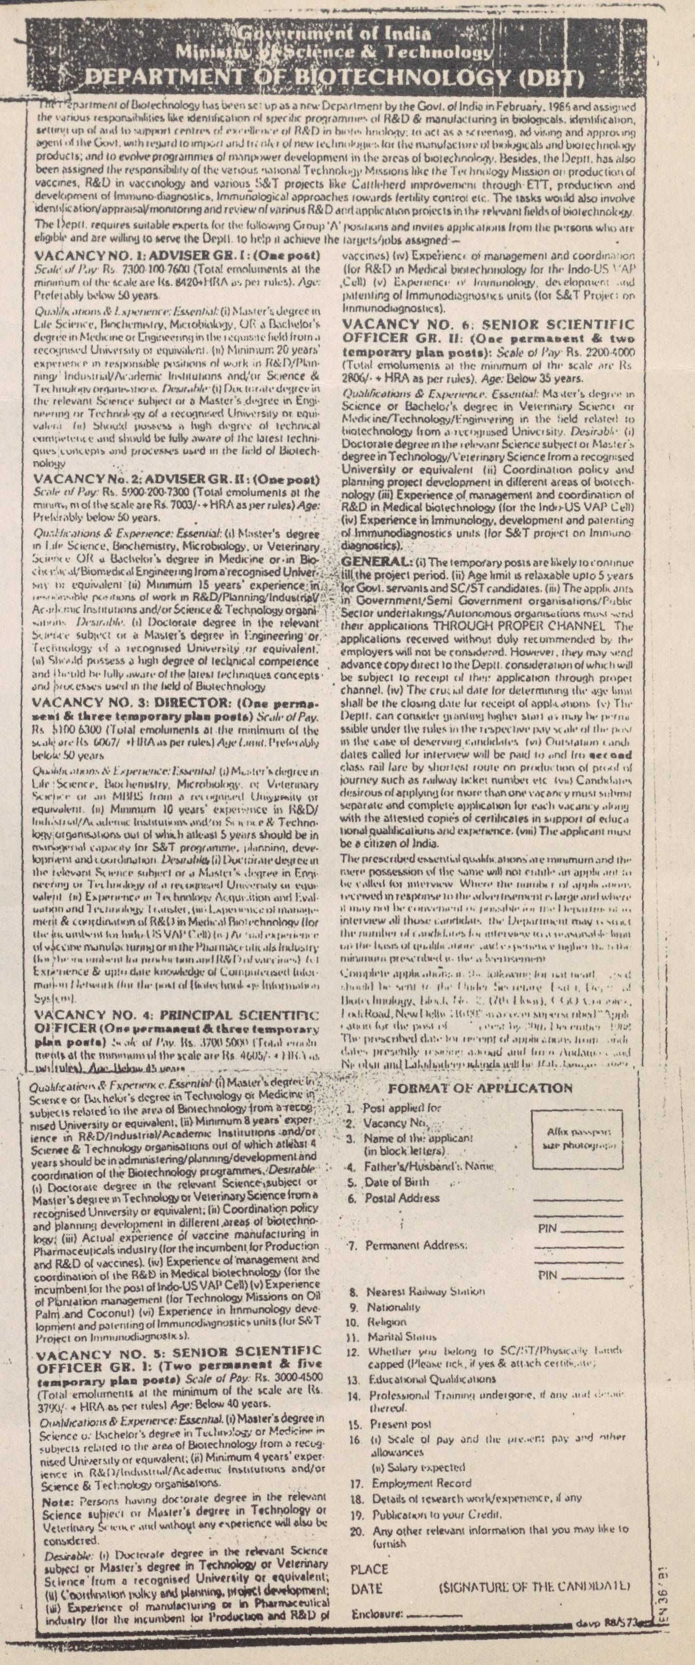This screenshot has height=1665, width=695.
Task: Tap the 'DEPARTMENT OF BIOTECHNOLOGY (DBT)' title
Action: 335,79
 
